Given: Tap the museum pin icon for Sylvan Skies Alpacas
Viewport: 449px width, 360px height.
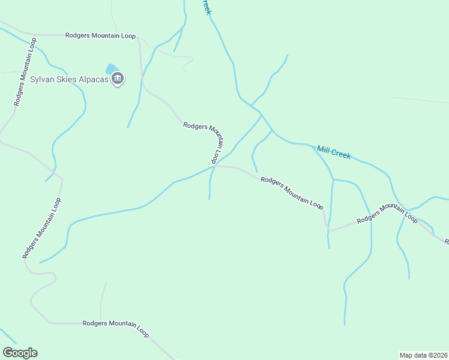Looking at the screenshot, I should pos(118,79).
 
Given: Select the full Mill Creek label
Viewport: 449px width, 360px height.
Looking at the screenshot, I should pos(334,151).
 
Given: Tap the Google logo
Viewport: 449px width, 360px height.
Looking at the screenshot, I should pos(20,353).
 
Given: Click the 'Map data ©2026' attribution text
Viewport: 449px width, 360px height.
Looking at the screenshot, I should pos(424,355).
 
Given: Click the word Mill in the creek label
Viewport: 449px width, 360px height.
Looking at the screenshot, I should pos(324,148).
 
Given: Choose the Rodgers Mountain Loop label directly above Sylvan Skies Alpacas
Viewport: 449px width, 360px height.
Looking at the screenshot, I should pos(101,35).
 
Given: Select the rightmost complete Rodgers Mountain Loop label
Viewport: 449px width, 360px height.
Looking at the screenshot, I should pos(387,213).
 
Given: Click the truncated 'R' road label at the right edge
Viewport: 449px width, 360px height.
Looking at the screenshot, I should pos(446,241).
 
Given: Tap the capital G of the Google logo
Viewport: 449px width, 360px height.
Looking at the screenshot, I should pos(8,353).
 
